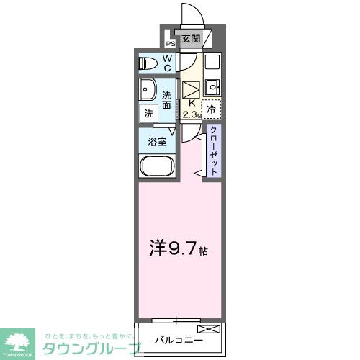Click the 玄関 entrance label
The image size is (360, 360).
190,39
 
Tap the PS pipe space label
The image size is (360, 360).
171,42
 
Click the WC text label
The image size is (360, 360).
166,63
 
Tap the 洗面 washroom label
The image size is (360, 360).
166,99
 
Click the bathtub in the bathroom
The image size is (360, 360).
155,168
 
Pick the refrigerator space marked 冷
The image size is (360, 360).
212,109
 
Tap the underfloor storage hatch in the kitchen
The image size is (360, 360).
190,91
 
